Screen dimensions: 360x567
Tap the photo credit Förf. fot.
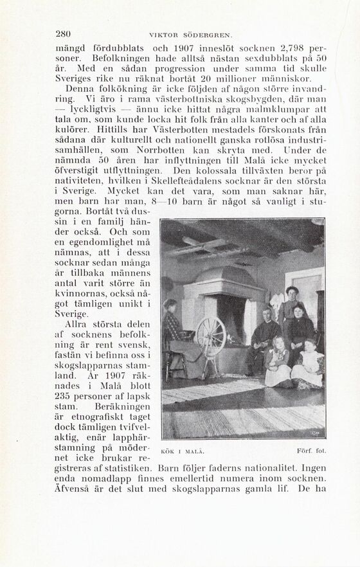[313, 451]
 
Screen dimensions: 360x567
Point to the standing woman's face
[292, 293]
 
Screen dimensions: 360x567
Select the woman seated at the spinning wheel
[174, 334]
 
